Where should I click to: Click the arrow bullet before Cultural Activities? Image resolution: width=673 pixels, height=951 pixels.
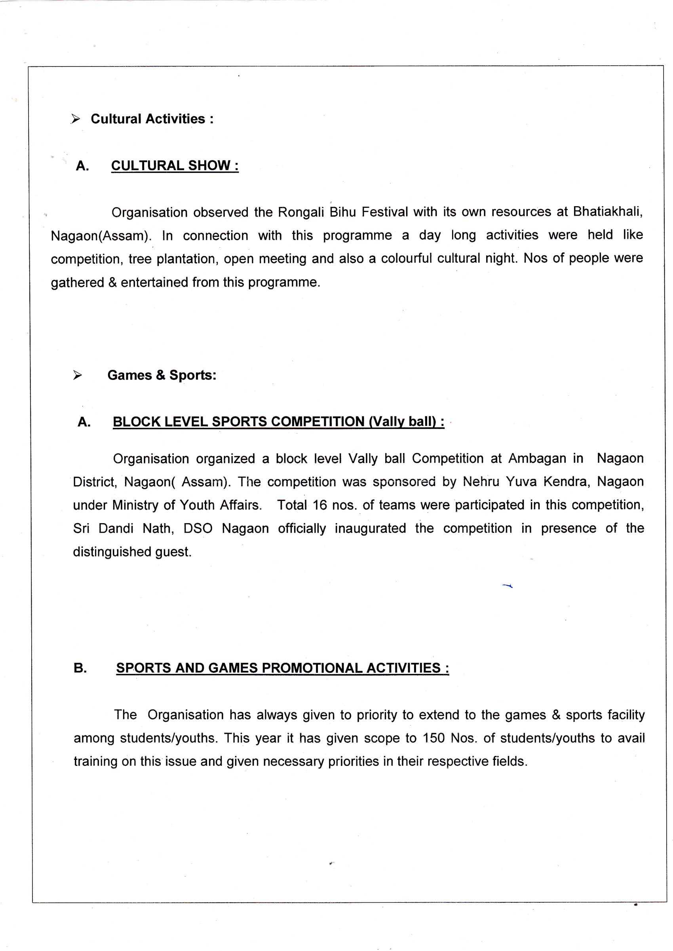(x=76, y=119)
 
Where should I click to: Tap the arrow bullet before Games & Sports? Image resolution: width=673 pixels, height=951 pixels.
(x=77, y=375)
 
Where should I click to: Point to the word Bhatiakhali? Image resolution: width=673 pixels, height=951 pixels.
(x=608, y=212)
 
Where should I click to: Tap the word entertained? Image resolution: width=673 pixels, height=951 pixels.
(x=154, y=283)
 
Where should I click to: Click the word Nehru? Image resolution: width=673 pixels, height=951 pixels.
(x=481, y=482)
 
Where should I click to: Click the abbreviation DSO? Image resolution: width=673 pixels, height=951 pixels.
(x=198, y=528)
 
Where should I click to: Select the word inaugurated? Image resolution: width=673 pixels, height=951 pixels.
(x=370, y=528)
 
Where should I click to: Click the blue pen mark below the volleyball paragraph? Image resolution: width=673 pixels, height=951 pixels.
(x=508, y=586)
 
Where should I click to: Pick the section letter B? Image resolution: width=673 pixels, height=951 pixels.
(x=80, y=668)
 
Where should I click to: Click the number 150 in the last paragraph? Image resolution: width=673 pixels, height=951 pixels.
(x=433, y=738)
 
